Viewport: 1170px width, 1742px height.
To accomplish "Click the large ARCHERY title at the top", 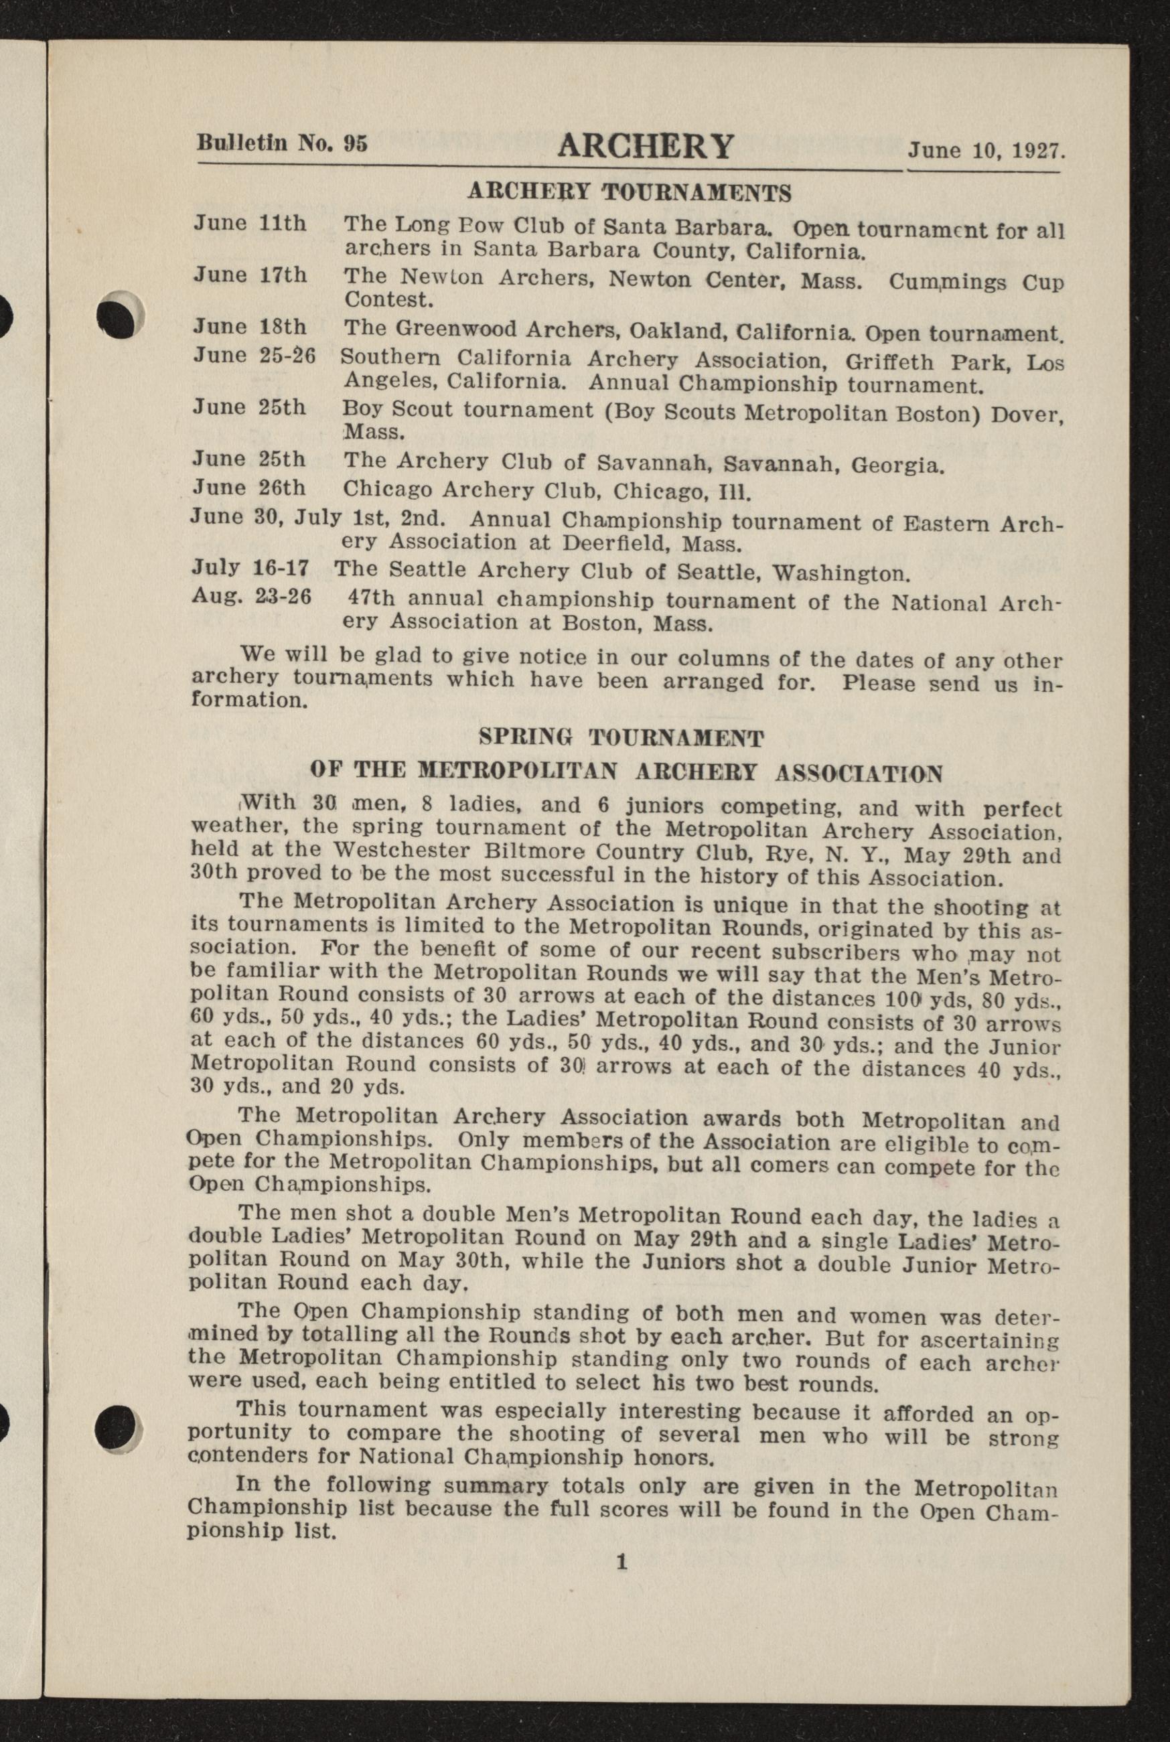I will [x=646, y=145].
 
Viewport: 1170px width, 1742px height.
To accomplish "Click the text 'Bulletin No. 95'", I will [x=281, y=142].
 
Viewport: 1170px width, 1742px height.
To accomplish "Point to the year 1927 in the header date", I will [x=1038, y=151].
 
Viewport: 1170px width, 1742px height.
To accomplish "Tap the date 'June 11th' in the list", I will [x=250, y=224].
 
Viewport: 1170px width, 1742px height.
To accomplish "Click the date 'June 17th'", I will [x=250, y=275].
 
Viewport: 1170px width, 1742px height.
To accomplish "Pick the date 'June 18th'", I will [x=250, y=327].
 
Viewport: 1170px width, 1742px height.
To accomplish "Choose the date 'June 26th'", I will [x=249, y=488].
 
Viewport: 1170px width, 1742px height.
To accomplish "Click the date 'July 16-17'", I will [x=250, y=568].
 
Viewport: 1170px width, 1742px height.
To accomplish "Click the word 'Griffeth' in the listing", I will [x=889, y=362].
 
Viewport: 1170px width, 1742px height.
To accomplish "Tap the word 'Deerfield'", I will [x=584, y=543].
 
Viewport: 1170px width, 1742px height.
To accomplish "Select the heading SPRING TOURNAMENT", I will [x=621, y=739].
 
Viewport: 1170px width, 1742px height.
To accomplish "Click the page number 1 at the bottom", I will [x=621, y=1563].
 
